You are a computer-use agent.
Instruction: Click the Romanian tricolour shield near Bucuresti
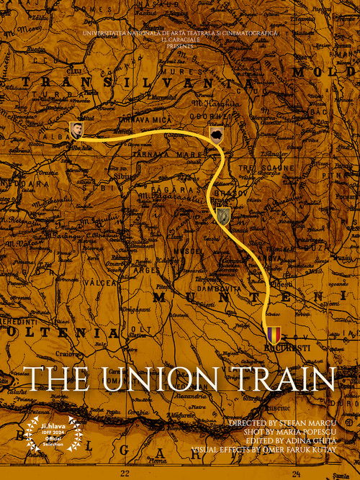273,335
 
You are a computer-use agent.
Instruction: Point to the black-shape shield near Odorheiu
215,134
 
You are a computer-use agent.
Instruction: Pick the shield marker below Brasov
224,214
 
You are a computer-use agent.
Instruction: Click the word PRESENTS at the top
180,45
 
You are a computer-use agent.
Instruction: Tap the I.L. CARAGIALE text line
180,40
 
